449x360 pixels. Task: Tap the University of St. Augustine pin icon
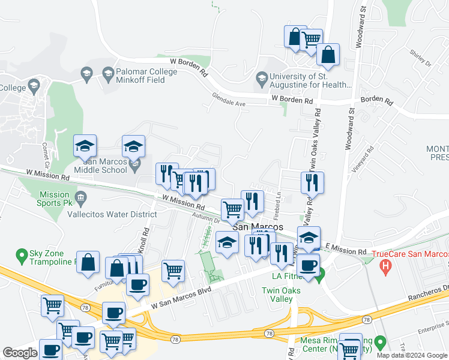coord(262,77)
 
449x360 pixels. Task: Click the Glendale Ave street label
coord(229,100)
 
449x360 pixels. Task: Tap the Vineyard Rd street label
coord(363,155)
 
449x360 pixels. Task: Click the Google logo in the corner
coord(20,353)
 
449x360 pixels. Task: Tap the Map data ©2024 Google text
coord(411,355)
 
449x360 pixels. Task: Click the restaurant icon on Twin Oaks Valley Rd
coord(312,182)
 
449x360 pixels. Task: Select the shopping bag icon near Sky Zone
coord(88,263)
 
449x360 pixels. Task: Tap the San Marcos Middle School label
coord(106,166)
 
